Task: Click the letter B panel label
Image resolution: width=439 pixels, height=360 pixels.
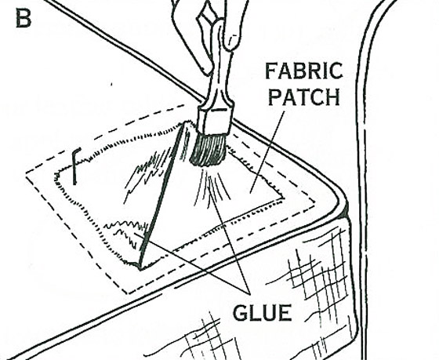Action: [x=24, y=18]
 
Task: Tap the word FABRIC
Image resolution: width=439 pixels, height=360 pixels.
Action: [x=304, y=71]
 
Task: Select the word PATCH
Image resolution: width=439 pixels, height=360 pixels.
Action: [x=304, y=96]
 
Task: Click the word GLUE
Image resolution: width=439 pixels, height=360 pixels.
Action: [x=263, y=313]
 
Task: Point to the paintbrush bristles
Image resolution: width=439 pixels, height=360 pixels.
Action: [x=208, y=150]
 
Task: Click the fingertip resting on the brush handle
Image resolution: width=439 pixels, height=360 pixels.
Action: [x=232, y=42]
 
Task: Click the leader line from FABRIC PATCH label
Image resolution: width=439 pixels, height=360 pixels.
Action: [x=267, y=153]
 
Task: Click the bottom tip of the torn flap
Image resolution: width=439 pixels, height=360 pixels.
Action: [x=140, y=269]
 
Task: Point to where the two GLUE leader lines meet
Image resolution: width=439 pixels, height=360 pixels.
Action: [x=249, y=293]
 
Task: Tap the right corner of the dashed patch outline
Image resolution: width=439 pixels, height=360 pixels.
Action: [x=315, y=201]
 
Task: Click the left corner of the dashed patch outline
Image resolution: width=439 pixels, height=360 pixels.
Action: [x=27, y=173]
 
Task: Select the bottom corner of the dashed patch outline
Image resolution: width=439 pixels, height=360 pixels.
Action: [x=129, y=293]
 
